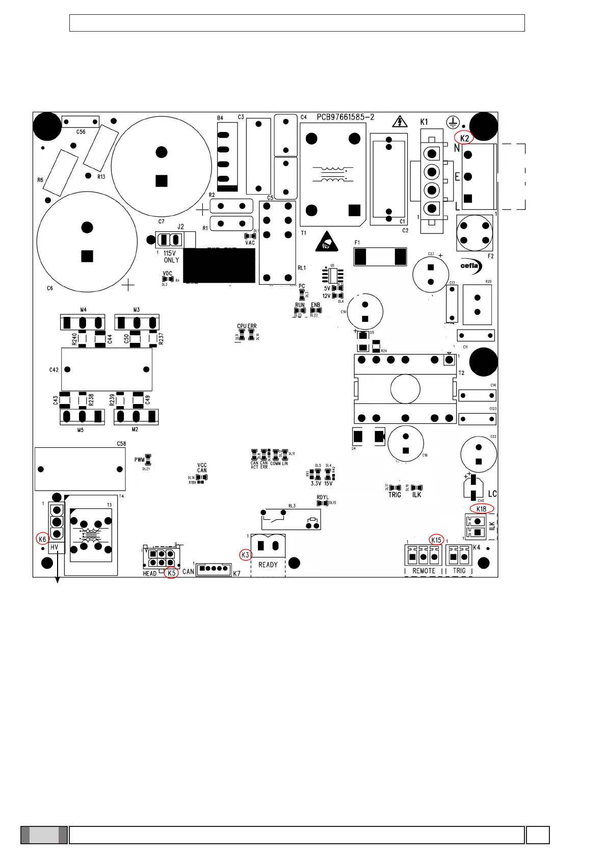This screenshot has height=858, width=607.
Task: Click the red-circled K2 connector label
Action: (464, 138)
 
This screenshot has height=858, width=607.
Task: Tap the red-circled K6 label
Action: (42, 539)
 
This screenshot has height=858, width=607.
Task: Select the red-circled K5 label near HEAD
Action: (172, 573)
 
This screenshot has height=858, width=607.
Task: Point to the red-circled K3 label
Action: (246, 555)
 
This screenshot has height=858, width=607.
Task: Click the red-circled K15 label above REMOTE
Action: (436, 540)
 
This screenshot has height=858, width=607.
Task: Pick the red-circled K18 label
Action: (482, 509)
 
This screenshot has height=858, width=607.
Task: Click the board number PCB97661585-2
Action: (346, 117)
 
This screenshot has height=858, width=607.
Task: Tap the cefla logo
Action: (469, 265)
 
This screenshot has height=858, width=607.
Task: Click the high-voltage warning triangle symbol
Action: (400, 121)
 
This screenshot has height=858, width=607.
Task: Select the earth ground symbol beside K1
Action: (453, 122)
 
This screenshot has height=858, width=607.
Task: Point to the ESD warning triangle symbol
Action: (326, 243)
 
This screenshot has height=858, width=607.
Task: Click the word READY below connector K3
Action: (268, 565)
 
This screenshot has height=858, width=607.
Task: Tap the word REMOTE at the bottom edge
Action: (424, 571)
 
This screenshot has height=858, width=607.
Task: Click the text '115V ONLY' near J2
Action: (171, 256)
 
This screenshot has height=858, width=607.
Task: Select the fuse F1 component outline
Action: (380, 257)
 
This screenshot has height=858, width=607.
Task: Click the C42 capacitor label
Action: (54, 370)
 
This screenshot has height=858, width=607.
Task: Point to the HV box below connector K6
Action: (55, 548)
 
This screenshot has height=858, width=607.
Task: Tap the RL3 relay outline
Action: (291, 519)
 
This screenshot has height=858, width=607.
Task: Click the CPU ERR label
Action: (247, 326)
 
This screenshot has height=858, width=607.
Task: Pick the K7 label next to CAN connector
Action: (236, 574)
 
